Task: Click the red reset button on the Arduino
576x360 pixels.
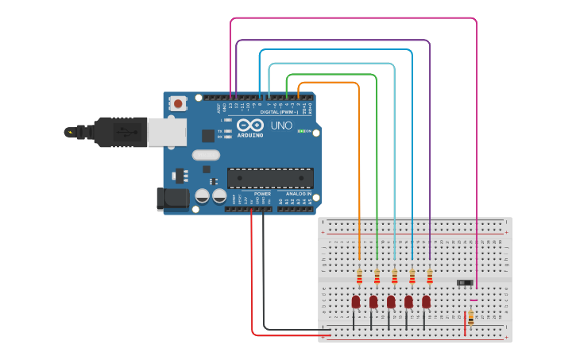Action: [178, 103]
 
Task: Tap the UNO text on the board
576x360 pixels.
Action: [282, 126]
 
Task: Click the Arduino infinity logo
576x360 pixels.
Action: [249, 126]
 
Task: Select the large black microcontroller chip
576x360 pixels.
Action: [270, 178]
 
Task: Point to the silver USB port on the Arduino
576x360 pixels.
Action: [167, 132]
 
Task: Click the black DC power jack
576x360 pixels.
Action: [173, 199]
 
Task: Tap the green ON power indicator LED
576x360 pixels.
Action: [301, 131]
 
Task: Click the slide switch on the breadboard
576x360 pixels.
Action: [466, 282]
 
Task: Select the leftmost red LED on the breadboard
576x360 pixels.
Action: [356, 302]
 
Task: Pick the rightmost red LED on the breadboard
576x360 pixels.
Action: [427, 302]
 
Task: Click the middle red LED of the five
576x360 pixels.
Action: [391, 302]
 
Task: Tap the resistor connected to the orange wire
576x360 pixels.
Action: [359, 277]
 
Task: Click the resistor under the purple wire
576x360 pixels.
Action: [430, 277]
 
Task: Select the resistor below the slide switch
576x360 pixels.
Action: [471, 318]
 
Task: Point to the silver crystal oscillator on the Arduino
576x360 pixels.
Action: [205, 155]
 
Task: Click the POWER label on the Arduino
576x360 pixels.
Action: [262, 194]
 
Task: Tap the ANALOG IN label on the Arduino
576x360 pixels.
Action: [299, 194]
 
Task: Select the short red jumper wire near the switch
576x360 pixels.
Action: [465, 323]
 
